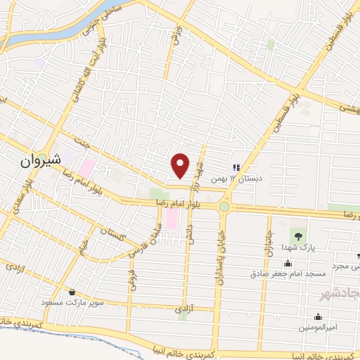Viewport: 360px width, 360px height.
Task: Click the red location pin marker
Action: [x=181, y=166]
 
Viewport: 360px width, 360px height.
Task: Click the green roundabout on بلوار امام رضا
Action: [x=224, y=207]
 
